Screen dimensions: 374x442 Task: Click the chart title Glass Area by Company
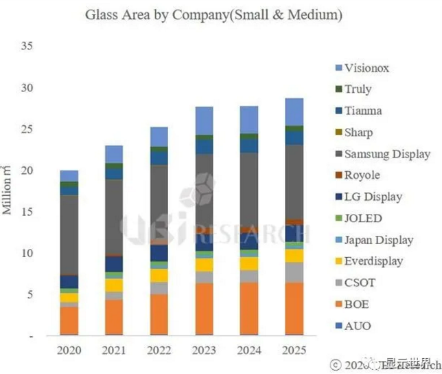coord(213,14)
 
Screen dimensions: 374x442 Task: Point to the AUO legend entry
coord(357,325)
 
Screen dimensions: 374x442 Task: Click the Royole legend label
coord(362,175)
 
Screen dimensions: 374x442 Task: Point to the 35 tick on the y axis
coord(27,46)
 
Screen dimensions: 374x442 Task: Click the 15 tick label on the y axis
coord(27,212)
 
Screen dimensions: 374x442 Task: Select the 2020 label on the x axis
coord(69,350)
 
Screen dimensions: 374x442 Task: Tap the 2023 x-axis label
coord(204,350)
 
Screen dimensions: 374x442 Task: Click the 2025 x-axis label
coord(294,350)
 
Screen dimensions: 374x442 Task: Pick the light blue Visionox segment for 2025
coord(294,112)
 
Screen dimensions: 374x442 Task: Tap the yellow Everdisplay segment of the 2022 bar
coord(159,275)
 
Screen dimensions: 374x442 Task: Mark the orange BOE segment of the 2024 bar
coord(248,309)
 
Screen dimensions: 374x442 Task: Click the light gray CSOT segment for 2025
coord(294,272)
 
